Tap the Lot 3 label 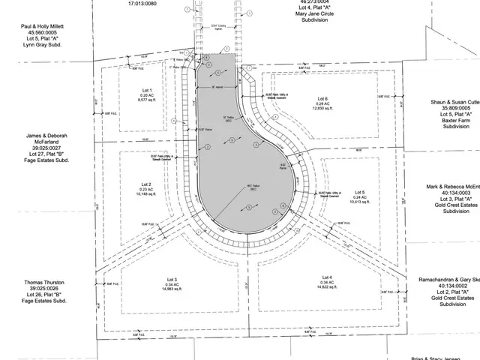click(x=172, y=279)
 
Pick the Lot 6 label click(x=322, y=99)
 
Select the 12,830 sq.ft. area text click(x=322, y=109)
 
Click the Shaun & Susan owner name click(x=454, y=101)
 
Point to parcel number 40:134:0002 click(x=450, y=286)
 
